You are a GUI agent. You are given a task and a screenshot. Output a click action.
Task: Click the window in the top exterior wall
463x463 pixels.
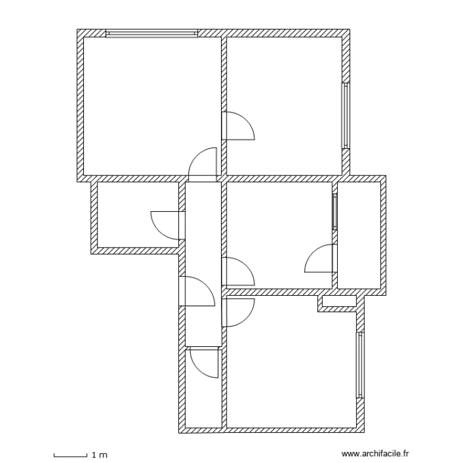[151, 33]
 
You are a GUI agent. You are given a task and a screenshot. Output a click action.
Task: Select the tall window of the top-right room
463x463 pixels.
[346, 115]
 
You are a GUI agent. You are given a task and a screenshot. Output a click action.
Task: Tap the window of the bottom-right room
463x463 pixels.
[360, 365]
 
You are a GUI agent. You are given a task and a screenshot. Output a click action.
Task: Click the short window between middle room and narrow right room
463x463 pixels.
[335, 212]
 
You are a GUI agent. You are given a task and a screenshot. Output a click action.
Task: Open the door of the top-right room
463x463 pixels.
[237, 127]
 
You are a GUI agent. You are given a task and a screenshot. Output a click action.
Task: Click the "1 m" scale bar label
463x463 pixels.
[98, 455]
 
